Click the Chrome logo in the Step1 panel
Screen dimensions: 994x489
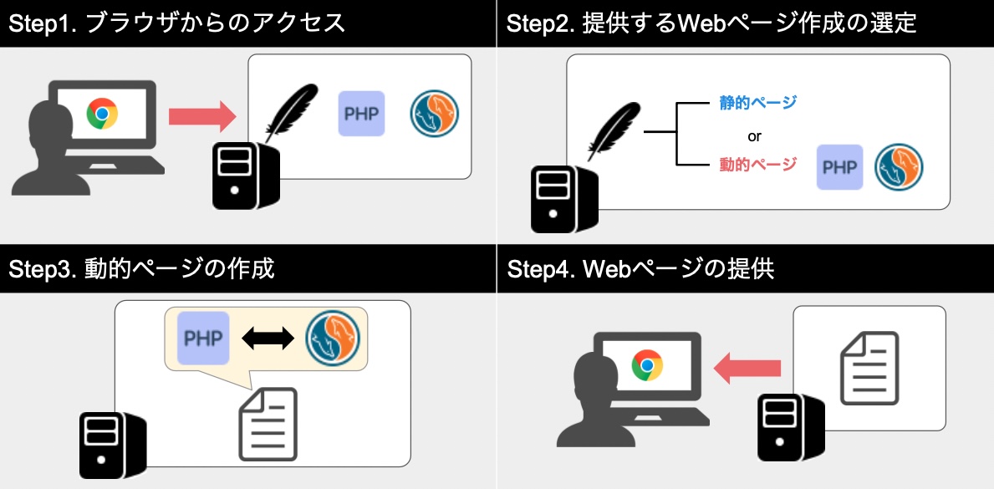(102, 114)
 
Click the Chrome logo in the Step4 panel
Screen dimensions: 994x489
(647, 365)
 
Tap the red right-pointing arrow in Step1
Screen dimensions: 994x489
(202, 116)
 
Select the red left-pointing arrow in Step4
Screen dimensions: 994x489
(747, 368)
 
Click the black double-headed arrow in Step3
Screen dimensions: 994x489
(268, 338)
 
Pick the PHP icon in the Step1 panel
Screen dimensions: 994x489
(361, 114)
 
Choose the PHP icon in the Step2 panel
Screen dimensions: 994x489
(840, 167)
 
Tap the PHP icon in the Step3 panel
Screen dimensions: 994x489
(203, 338)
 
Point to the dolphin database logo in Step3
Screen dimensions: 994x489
(333, 338)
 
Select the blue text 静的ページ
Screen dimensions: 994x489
(757, 102)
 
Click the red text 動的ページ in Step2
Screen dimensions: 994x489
(757, 165)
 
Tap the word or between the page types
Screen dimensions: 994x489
(754, 135)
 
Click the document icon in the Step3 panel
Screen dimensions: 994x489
(268, 424)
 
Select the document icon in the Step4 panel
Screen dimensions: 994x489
(869, 368)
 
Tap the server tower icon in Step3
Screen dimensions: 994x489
(113, 446)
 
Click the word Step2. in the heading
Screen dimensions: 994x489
(540, 23)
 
